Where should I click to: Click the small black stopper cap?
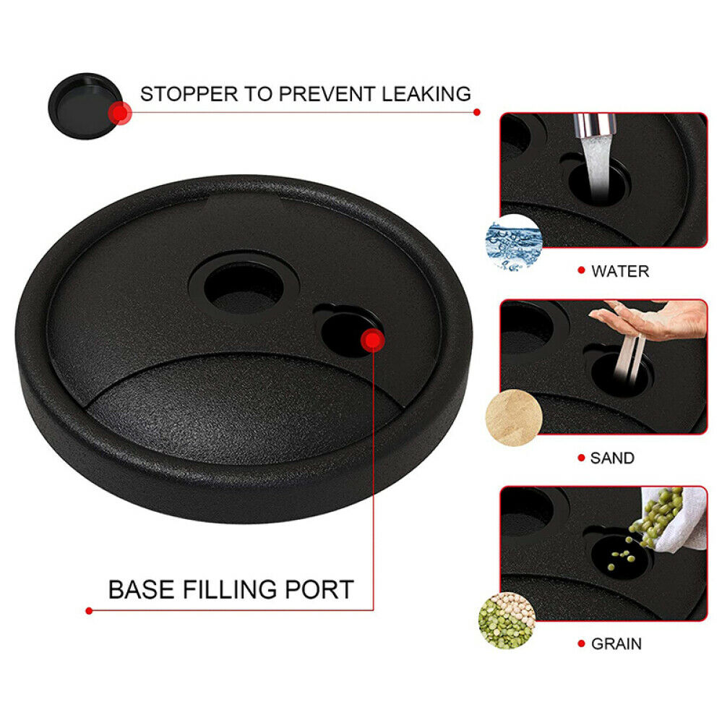(85, 106)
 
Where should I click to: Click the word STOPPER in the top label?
(189, 94)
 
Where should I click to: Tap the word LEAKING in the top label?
(426, 94)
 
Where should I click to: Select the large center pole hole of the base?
(244, 288)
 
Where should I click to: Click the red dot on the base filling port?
(372, 341)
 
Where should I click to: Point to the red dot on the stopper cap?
(120, 113)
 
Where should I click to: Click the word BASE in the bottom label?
(142, 589)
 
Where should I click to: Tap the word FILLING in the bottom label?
(230, 589)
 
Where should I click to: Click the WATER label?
(620, 271)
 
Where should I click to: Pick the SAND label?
(612, 458)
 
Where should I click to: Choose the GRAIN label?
(616, 643)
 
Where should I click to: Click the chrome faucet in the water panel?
(594, 125)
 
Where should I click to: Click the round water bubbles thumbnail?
(514, 242)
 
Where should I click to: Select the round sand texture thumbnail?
(514, 418)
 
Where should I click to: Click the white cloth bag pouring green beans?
(678, 518)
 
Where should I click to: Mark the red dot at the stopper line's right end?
(477, 112)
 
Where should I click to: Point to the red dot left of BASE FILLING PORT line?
(89, 611)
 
